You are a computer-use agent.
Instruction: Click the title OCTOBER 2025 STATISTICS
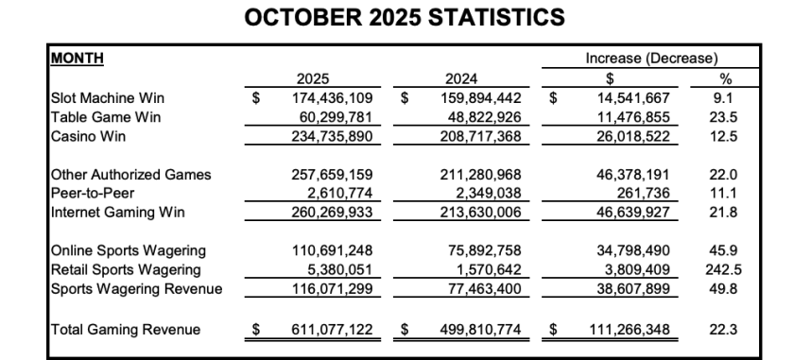[x=405, y=17]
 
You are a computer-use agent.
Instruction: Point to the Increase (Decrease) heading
[x=651, y=58]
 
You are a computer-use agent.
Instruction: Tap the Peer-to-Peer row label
[x=91, y=193]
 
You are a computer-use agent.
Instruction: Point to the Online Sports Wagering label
[x=114, y=250]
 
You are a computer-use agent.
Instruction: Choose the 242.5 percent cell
[x=725, y=269]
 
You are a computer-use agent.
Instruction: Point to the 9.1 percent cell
[x=725, y=96]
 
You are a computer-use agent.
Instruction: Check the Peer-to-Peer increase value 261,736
[x=643, y=193]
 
